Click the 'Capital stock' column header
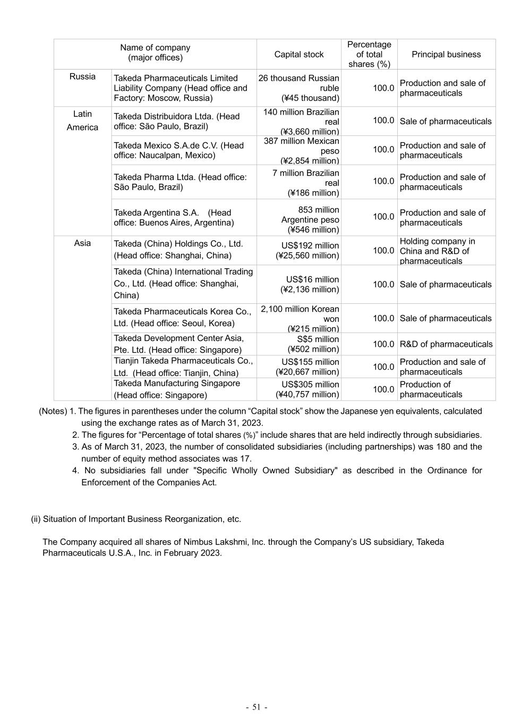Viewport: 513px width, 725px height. [299, 54]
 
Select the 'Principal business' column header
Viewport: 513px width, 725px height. [446, 54]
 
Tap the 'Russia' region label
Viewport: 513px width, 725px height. [82, 76]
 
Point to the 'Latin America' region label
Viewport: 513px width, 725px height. [82, 121]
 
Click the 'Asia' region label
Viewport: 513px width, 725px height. [82, 243]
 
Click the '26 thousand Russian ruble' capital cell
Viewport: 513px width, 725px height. [299, 88]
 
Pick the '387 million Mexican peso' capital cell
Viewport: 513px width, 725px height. [301, 150]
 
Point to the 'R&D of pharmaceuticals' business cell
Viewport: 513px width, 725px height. [446, 344]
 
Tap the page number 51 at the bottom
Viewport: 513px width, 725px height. [256, 707]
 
